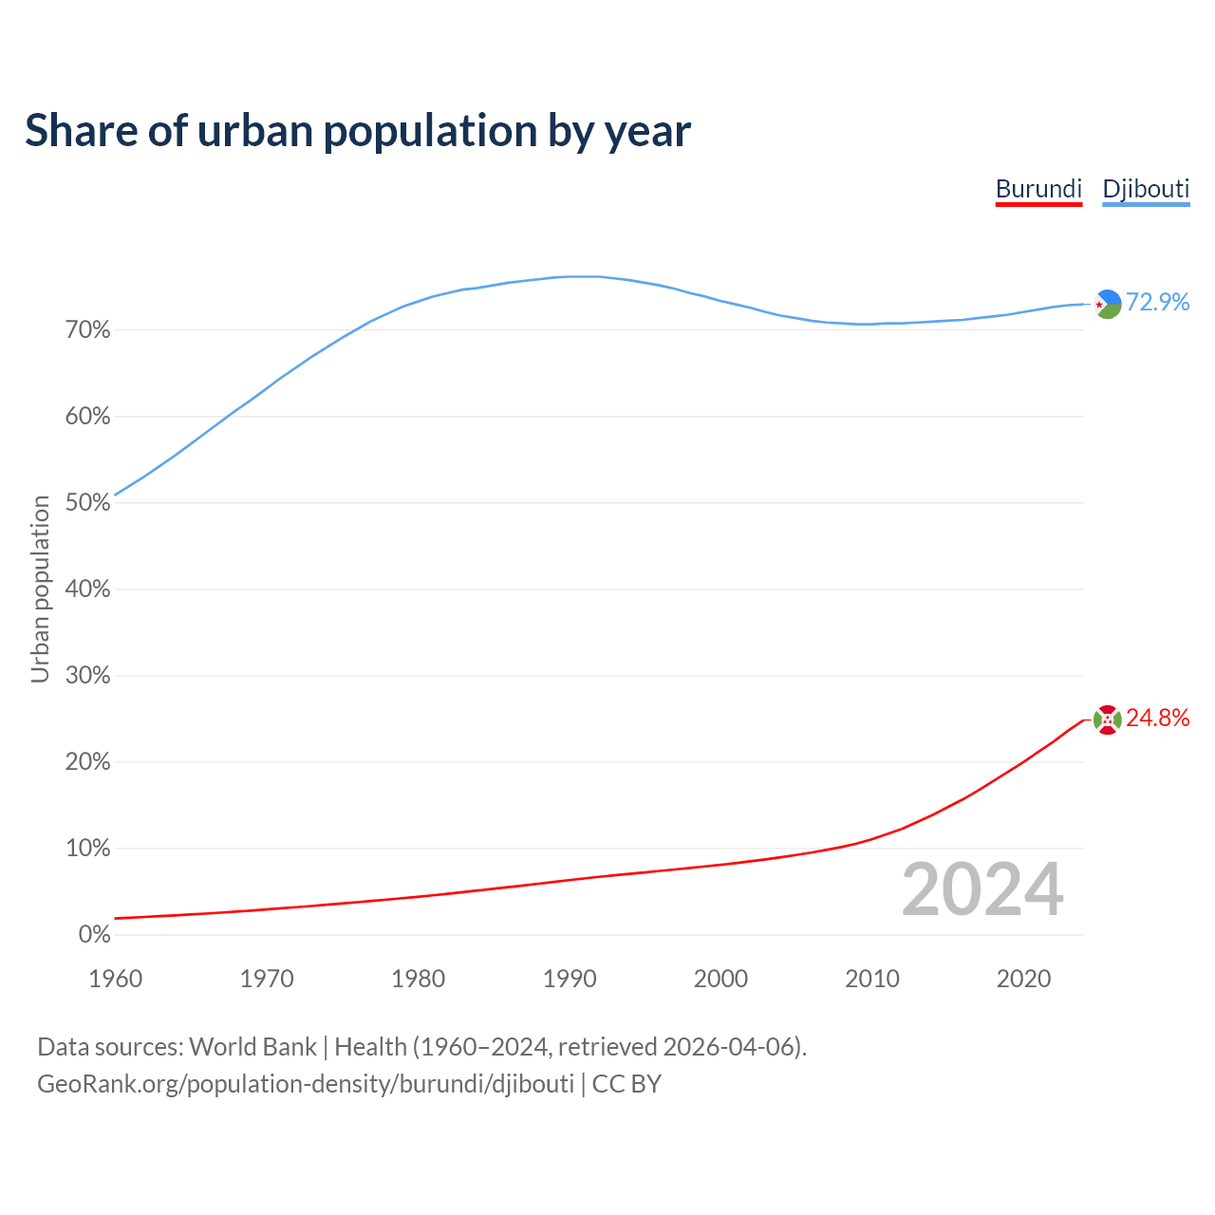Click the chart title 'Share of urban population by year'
click(358, 131)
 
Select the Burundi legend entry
click(1038, 189)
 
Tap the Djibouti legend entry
click(1146, 189)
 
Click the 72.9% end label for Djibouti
click(1157, 303)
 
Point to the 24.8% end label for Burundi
click(1157, 719)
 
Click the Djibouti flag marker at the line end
click(1108, 304)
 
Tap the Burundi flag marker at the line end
click(1108, 720)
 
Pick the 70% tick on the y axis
click(88, 330)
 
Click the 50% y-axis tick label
click(88, 503)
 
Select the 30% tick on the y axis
click(88, 676)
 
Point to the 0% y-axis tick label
click(94, 935)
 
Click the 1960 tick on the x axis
click(116, 979)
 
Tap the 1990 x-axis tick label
click(570, 979)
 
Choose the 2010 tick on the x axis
click(872, 979)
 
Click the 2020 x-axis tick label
click(1023, 979)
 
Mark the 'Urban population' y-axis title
click(40, 589)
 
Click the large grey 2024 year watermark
click(982, 890)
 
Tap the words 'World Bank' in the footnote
click(252, 1047)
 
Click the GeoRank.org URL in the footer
click(306, 1084)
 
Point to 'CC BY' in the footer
click(626, 1084)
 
